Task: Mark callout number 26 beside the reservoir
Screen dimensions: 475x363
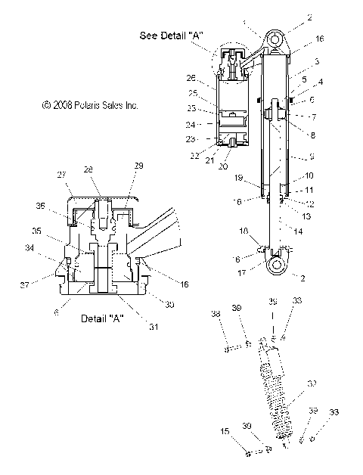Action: coord(191,79)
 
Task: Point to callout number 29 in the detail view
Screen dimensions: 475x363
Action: coord(138,165)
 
